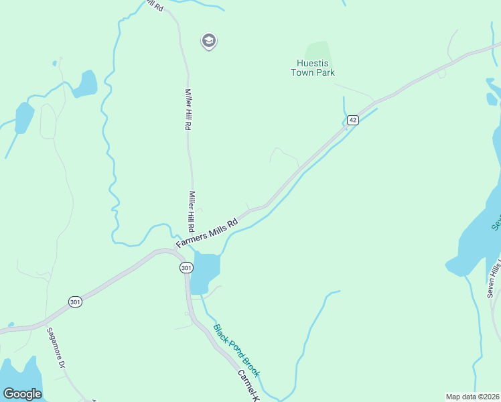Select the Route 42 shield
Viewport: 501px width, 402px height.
click(353, 120)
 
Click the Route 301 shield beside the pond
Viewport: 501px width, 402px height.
click(186, 267)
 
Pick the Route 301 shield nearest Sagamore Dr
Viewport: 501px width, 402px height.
click(76, 302)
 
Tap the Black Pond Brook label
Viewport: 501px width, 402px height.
click(236, 350)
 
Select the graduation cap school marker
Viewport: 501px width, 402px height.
click(209, 42)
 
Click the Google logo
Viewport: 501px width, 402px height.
click(22, 394)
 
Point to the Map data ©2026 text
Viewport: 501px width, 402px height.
click(472, 397)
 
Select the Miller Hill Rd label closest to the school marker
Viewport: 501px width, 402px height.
click(188, 109)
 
